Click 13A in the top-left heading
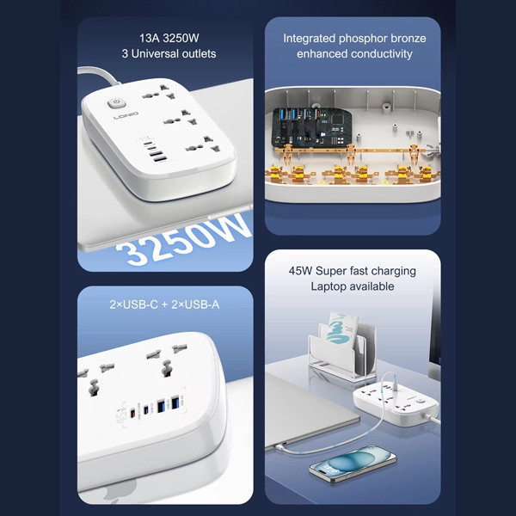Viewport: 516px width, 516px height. click(150, 38)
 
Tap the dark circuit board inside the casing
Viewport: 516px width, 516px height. click(311, 127)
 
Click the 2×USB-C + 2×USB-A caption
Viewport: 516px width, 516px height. click(164, 304)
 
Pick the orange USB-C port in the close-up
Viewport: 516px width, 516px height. click(133, 412)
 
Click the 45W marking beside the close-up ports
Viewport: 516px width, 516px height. click(120, 414)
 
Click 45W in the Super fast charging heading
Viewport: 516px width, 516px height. click(300, 271)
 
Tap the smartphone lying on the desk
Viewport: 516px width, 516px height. click(353, 464)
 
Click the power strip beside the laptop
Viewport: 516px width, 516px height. click(396, 403)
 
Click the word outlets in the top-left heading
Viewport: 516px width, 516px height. click(200, 53)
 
